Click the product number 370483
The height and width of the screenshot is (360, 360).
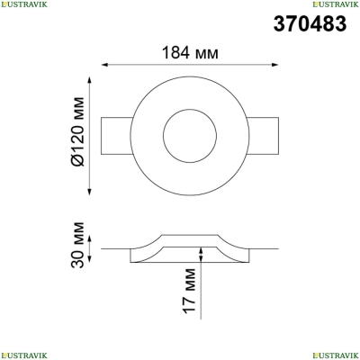[310, 23]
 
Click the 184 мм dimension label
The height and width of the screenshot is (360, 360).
[190, 53]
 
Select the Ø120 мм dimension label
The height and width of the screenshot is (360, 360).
[78, 131]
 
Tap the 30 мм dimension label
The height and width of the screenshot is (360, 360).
[78, 245]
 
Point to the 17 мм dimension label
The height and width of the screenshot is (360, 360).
[190, 291]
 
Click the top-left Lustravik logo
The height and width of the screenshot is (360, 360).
[24, 4]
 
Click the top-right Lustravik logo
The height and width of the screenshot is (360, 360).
[336, 4]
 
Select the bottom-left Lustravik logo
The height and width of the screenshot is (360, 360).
[24, 355]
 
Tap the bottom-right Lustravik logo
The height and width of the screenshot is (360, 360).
[336, 355]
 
